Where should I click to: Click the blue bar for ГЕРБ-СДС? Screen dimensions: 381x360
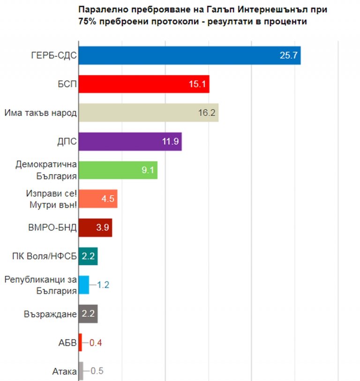187,56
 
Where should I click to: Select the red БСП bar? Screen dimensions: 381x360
143,84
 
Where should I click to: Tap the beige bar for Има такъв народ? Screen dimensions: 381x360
148,113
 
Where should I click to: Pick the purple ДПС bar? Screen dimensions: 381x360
129,141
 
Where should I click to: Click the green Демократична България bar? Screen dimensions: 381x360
117,170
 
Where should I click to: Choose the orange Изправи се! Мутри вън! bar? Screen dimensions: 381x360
97,198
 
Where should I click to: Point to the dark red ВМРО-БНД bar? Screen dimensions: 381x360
95,227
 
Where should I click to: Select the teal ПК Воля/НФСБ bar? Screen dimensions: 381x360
88,256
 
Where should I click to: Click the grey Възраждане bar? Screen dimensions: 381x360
88,314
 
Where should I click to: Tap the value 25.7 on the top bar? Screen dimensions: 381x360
289,56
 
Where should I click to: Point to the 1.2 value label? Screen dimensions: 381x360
103,284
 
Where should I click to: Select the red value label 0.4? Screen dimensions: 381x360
96,343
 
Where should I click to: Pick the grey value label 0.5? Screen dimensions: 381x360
97,371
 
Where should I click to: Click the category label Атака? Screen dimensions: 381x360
64,372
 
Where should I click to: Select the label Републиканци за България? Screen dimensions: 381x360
40,285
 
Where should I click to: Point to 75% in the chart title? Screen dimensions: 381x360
88,22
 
